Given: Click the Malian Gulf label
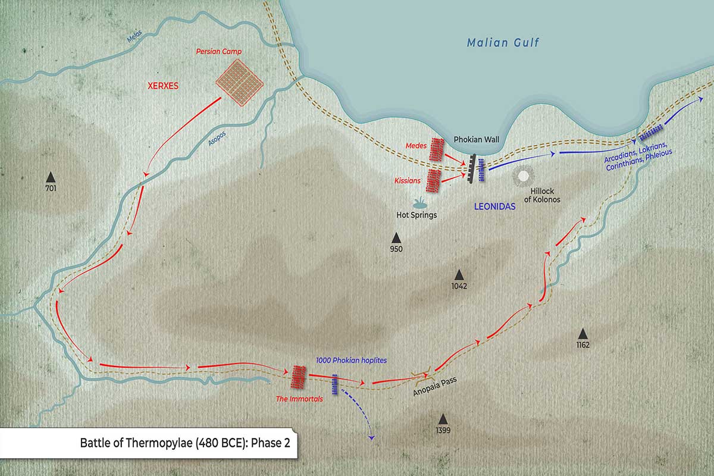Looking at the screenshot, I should point(503,43).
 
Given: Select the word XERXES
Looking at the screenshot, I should point(162,86).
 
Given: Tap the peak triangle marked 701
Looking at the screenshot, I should point(51,177).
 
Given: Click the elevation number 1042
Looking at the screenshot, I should point(459,286).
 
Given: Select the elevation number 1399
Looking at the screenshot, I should point(442,430).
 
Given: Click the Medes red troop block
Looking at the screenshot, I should point(437,150).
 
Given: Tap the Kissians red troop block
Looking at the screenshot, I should point(434,180).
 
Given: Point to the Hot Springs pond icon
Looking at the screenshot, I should point(418,202).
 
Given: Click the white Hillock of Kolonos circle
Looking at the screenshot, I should point(524,176).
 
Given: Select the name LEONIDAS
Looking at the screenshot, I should point(494,206).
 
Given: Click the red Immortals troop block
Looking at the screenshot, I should point(299,376).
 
